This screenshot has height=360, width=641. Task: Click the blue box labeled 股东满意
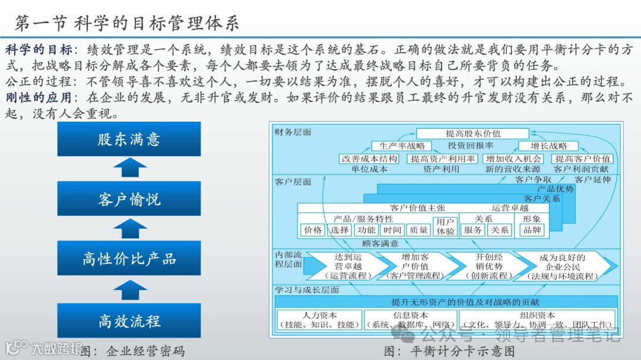tap(129, 139)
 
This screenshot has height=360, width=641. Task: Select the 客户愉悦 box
tap(129, 199)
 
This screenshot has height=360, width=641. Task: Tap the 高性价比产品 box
tap(129, 259)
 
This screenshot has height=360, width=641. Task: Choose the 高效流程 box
tap(129, 321)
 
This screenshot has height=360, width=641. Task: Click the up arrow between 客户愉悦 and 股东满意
tap(129, 168)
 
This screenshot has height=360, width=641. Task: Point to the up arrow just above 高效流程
tap(129, 290)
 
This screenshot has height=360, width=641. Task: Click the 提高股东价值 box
tap(472, 133)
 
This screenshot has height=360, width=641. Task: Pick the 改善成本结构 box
tap(369, 159)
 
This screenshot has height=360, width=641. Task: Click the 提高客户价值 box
tap(582, 159)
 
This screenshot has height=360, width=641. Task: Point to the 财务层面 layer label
tap(293, 132)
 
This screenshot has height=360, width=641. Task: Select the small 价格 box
tap(313, 230)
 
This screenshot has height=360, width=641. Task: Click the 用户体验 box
tap(445, 227)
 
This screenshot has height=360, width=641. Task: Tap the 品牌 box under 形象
tap(532, 230)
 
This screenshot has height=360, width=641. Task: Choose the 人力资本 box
tap(319, 320)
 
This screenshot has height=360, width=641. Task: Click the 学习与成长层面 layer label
tap(307, 290)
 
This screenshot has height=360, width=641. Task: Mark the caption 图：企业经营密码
tap(132, 351)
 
